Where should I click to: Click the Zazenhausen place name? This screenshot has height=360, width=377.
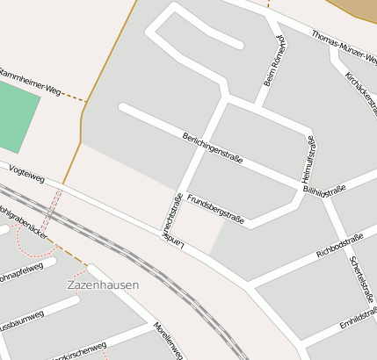click(103, 285)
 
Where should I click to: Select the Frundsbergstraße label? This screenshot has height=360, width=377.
click(215, 206)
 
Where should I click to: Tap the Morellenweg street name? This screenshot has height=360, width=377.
click(169, 340)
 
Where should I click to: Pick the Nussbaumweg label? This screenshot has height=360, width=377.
click(21, 317)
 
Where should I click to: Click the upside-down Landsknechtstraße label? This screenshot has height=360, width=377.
click(170, 220)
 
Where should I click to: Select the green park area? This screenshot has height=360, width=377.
click(18, 119)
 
